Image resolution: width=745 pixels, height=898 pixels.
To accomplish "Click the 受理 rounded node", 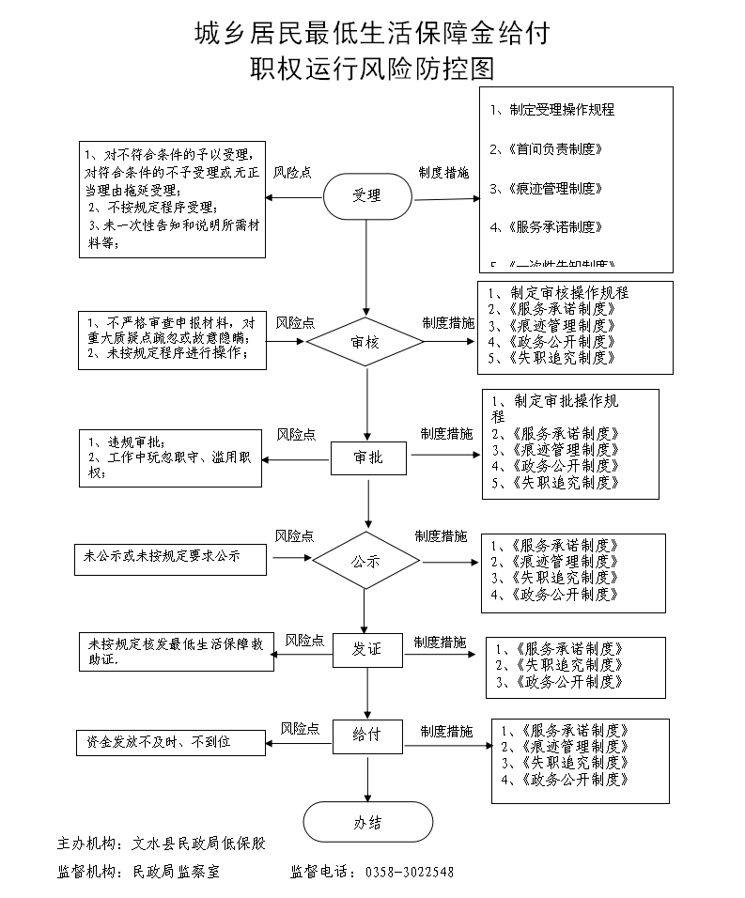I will point(367,196).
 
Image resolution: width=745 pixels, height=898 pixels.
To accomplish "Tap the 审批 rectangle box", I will point(367,457).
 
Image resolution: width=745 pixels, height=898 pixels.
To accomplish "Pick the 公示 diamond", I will point(366,562).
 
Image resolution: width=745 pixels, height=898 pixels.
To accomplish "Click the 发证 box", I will point(367,650).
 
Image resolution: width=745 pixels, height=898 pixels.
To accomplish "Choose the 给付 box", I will point(367,735).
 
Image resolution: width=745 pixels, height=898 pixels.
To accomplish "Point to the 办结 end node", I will point(367,823).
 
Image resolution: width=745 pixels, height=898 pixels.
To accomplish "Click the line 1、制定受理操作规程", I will point(553,110).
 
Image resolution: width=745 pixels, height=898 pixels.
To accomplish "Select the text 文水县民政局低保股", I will point(198,844).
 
